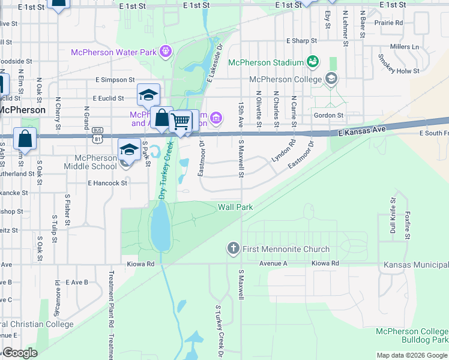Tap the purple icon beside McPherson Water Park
point(166,52)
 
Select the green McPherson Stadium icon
point(312,61)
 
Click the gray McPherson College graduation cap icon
point(331,78)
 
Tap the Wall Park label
point(235,207)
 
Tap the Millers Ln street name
point(404,46)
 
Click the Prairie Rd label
point(390,23)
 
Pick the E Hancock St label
point(107,182)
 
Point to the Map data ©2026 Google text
point(411,355)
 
